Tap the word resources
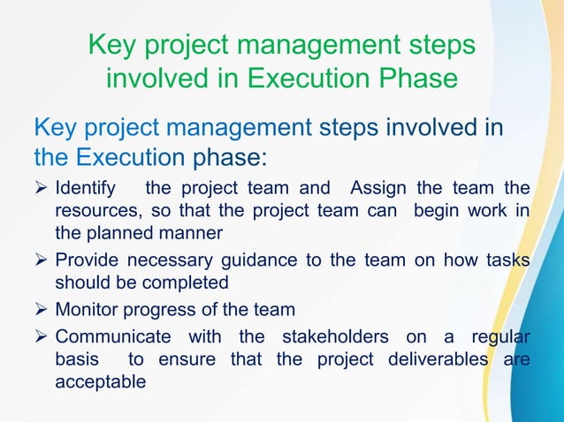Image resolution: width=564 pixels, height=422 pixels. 95,213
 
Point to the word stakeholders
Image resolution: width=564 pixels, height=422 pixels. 334,339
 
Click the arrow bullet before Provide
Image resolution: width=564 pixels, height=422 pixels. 42,263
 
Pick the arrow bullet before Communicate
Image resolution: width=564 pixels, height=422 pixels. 42,339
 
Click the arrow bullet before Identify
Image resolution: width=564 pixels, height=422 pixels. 42,190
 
